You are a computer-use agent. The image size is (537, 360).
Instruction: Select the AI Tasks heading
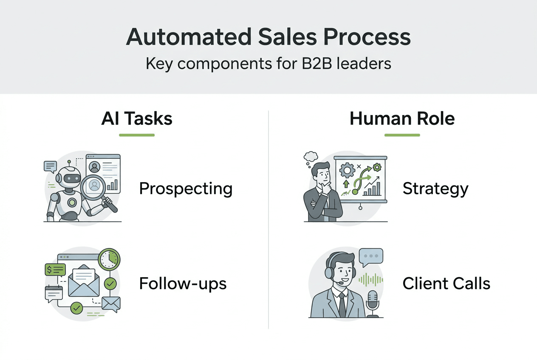click(137, 118)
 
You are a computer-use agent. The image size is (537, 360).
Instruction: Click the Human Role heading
click(402, 118)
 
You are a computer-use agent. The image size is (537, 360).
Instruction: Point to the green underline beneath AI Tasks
click(137, 135)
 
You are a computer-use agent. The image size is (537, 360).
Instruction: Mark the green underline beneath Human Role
click(402, 135)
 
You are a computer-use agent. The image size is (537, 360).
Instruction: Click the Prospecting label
click(186, 188)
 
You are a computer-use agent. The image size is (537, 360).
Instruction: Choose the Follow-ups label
click(183, 283)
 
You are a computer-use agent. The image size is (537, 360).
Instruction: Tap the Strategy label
click(435, 188)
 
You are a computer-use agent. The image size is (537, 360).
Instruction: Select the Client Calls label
click(447, 283)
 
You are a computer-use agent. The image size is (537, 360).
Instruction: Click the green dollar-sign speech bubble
click(55, 269)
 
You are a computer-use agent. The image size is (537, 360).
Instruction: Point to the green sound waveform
click(371, 279)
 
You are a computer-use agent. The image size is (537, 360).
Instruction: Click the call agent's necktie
click(342, 304)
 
